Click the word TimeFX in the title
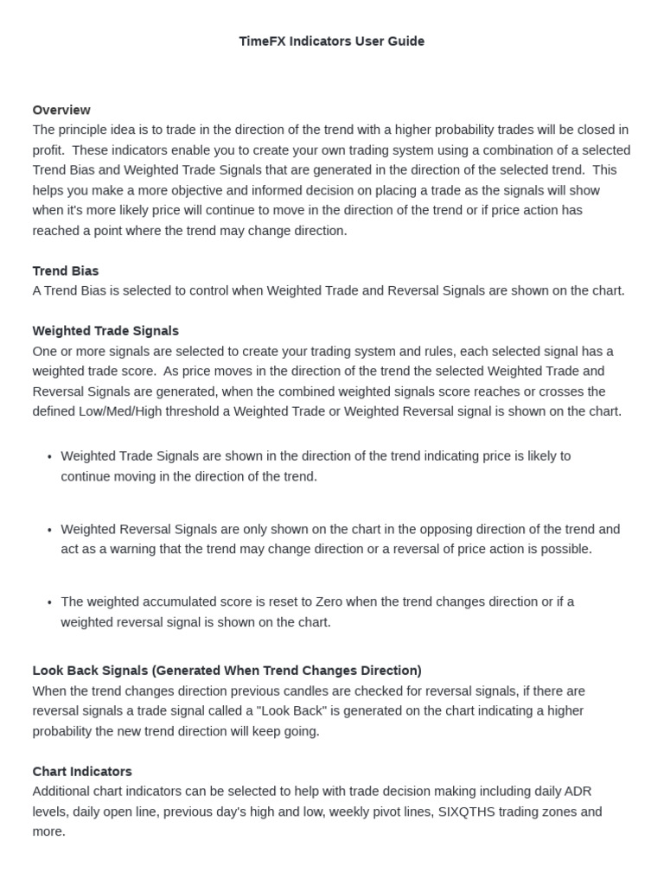tap(260, 41)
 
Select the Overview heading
tap(61, 110)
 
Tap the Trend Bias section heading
tap(66, 271)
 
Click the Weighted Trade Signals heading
tap(105, 331)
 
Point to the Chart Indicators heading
tap(82, 771)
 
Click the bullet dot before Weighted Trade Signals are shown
tap(49, 457)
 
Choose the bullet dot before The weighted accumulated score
tap(49, 603)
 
